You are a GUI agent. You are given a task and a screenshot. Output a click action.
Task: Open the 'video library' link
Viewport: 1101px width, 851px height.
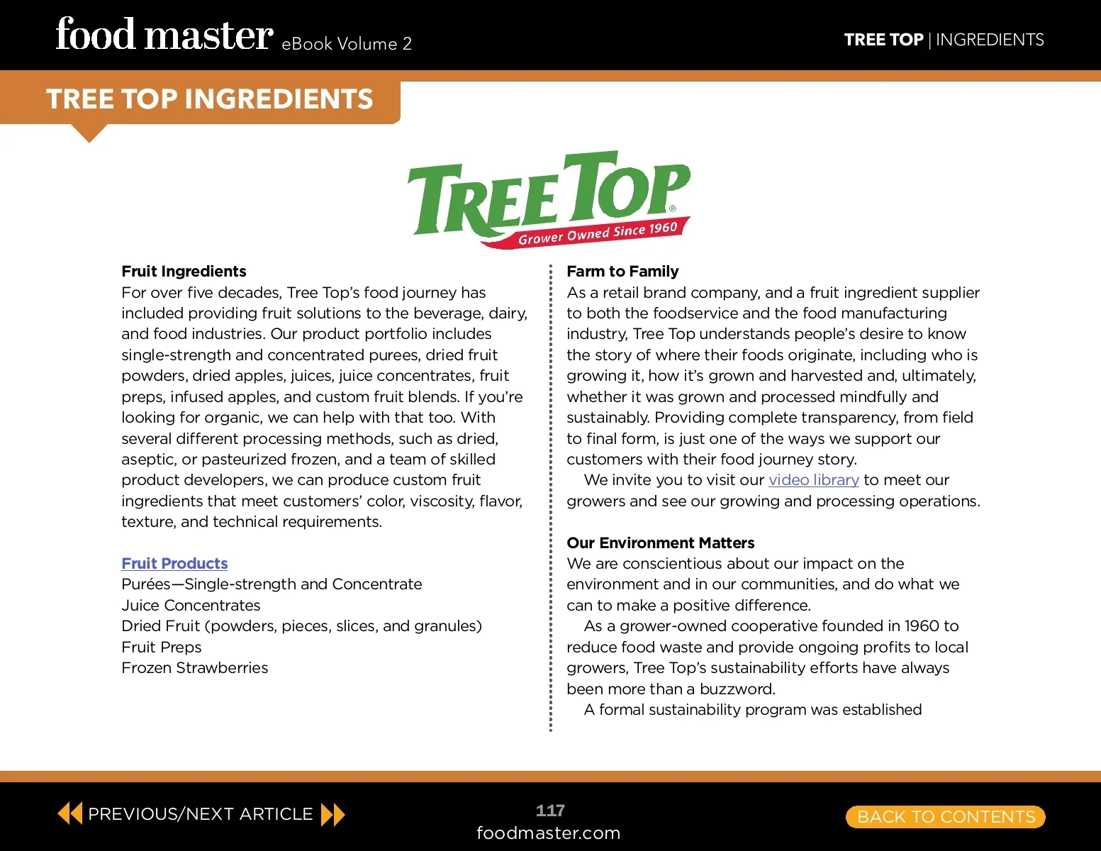click(813, 480)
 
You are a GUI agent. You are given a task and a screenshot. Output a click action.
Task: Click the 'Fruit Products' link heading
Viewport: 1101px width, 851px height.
click(174, 564)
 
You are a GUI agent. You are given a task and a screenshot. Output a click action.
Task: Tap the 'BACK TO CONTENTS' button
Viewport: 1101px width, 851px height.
click(946, 817)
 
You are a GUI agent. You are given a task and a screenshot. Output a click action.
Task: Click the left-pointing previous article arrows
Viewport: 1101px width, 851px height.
click(69, 813)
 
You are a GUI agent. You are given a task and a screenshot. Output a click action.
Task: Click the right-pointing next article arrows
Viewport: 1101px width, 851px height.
click(332, 814)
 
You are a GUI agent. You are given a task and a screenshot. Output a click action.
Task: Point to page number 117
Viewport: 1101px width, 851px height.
click(550, 811)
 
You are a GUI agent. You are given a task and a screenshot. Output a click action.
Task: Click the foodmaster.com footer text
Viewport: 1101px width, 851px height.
click(548, 833)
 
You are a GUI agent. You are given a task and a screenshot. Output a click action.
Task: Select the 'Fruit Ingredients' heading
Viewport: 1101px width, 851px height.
click(184, 272)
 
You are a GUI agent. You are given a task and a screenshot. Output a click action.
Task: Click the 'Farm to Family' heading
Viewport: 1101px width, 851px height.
click(622, 272)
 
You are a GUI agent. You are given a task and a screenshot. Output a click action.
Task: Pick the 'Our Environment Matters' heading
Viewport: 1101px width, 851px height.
click(660, 543)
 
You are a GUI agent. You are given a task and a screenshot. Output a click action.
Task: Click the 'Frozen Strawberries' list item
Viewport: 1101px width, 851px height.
click(194, 668)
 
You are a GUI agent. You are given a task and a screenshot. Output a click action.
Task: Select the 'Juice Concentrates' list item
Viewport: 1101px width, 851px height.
click(191, 606)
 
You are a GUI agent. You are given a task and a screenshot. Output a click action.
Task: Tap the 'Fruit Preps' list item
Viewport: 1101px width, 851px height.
click(161, 647)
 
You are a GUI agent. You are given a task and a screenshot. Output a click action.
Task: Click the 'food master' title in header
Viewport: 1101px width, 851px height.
click(164, 35)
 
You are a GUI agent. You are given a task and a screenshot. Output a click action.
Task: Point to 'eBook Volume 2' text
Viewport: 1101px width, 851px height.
click(346, 44)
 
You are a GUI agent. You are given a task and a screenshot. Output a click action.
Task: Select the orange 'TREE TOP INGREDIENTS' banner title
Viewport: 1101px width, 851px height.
click(209, 99)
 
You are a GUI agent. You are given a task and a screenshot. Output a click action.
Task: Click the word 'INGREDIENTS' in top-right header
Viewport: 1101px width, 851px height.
click(990, 40)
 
